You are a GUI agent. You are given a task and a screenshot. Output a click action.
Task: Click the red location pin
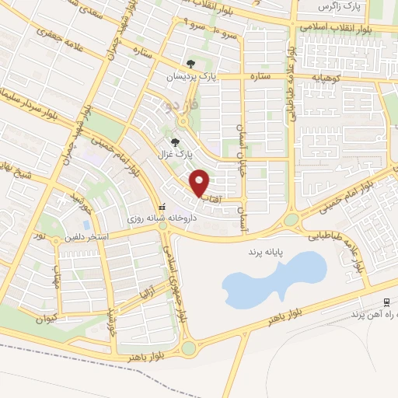[x=200, y=183]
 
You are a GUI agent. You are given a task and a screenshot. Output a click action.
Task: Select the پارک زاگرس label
[x=340, y=6]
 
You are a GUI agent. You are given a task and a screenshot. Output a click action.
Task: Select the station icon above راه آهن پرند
[x=386, y=302]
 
